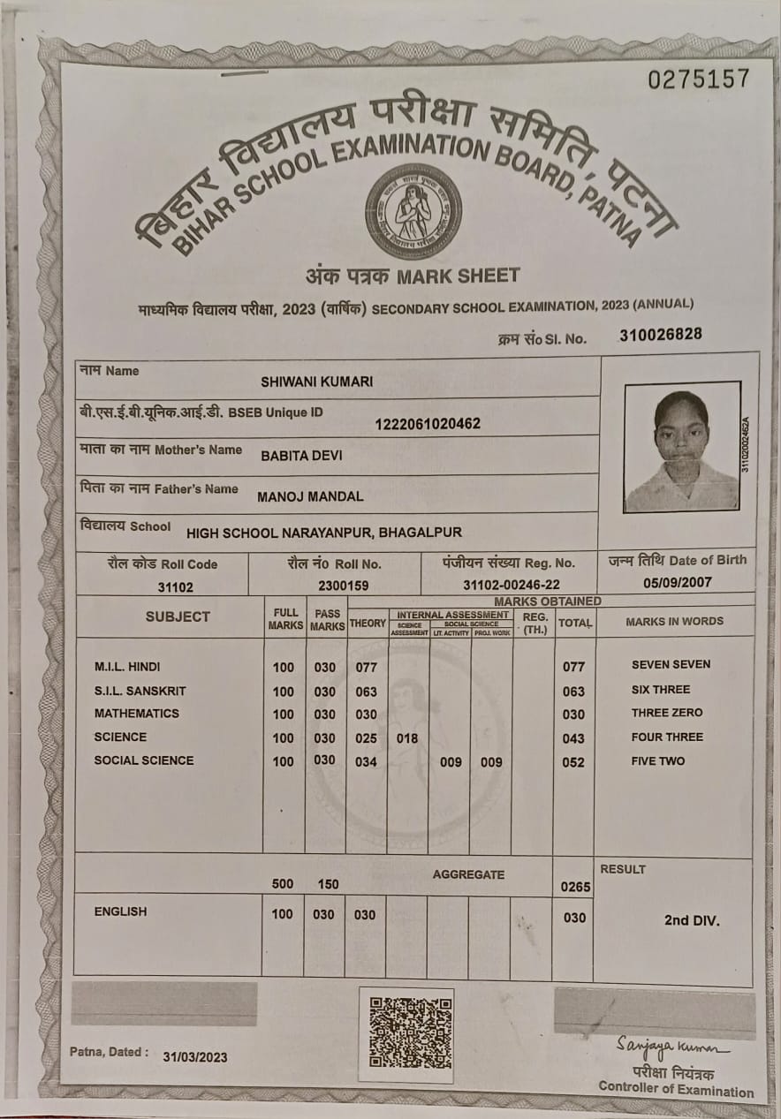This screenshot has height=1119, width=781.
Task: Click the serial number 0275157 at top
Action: [698, 79]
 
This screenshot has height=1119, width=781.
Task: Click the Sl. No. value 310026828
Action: [661, 335]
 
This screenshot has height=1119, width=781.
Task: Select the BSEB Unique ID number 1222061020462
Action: [428, 424]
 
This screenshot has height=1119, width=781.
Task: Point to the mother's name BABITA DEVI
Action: [301, 457]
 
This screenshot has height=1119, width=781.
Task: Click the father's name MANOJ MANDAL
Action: [310, 496]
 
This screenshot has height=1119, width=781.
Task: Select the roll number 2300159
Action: [344, 585]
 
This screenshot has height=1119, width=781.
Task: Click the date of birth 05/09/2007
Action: [678, 582]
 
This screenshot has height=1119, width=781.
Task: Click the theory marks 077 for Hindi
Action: [366, 668]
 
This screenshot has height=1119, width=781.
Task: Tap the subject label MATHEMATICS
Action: [137, 714]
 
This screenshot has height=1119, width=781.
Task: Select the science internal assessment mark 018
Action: [407, 738]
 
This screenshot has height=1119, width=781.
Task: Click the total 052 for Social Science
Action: [573, 762]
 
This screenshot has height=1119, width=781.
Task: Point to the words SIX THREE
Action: [661, 690]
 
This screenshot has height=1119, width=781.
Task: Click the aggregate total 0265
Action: [573, 886]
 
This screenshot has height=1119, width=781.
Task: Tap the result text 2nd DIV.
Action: [692, 920]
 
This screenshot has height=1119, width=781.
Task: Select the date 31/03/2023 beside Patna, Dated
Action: [194, 1057]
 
